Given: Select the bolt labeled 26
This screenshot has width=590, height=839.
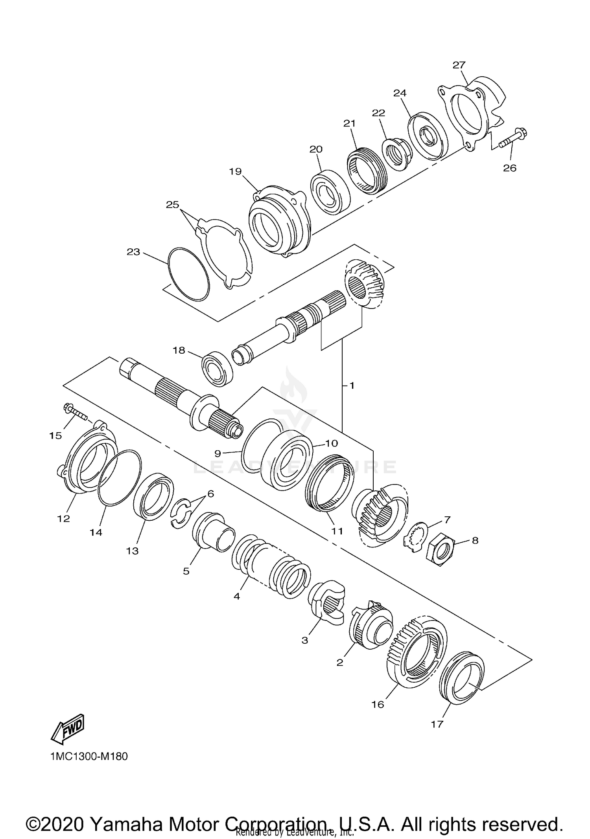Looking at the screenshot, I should click(513, 140).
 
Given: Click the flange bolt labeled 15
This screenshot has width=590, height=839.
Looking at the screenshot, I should click(75, 411).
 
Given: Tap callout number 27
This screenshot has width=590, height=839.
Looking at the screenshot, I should click(459, 65).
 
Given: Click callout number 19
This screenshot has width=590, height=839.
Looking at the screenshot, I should click(236, 172).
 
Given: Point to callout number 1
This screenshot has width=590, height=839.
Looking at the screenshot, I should click(352, 386).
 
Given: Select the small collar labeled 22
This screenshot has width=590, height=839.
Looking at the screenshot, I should click(396, 154).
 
